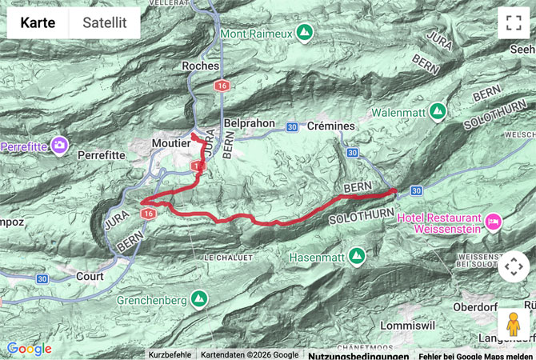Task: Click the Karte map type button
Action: (x=38, y=23)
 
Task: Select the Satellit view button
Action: (x=104, y=23)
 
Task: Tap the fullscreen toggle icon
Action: (x=513, y=23)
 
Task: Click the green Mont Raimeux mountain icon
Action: (x=303, y=33)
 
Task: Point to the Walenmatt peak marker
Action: (x=436, y=110)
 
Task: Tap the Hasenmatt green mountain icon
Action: (x=356, y=255)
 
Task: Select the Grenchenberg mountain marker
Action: (x=198, y=300)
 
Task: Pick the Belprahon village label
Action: (x=250, y=125)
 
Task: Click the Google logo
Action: (x=29, y=349)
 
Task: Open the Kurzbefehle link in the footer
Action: (x=169, y=355)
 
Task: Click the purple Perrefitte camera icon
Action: (x=58, y=145)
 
